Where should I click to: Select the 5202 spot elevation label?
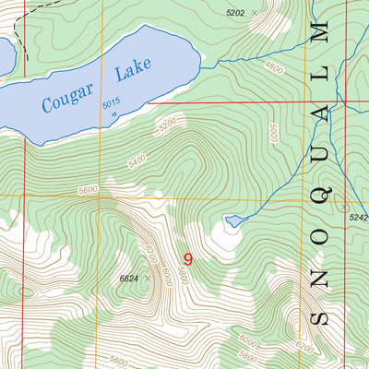coord(236,12)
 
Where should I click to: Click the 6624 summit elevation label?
coord(132,278)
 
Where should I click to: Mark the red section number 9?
coord(188,260)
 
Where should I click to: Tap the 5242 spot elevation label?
coord(357,217)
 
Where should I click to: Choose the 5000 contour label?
coord(272,133)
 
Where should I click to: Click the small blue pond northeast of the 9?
coord(234,221)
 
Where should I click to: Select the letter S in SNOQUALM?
coord(320,318)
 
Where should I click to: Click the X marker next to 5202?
coord(256,14)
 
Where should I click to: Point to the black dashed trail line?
coord(26,42)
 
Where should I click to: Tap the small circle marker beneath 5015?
coord(113,115)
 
